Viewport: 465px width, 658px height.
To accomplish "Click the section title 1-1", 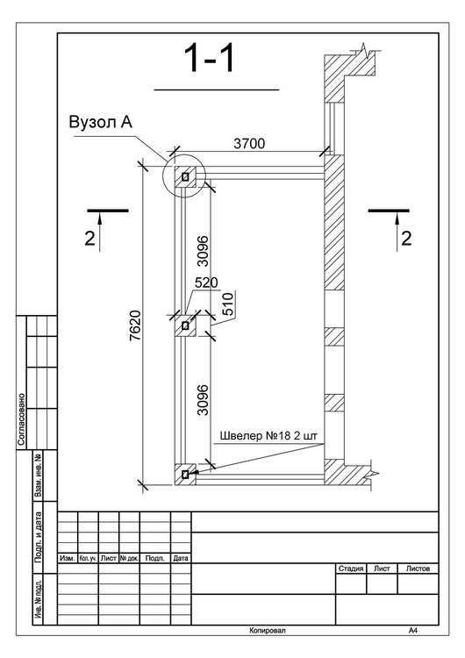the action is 210,58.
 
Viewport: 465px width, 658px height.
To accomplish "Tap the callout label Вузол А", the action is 101,122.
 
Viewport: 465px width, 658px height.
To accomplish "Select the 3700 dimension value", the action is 249,144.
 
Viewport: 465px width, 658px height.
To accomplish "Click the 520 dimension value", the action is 206,283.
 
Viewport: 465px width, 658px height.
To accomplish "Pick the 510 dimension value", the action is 227,304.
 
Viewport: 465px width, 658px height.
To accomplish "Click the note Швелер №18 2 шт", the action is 268,436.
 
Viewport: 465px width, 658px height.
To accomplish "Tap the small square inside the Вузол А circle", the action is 185,177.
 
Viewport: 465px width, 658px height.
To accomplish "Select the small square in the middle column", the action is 185,325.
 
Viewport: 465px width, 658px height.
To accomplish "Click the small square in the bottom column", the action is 185,474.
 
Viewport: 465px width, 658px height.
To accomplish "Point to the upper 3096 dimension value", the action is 203,251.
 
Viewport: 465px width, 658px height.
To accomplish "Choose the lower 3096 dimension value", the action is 203,400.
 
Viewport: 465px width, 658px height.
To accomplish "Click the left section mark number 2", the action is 89,239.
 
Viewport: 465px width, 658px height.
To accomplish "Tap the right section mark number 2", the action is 406,239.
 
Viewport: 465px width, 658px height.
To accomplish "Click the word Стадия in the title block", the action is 351,569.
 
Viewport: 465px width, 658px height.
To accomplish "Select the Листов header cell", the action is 418,569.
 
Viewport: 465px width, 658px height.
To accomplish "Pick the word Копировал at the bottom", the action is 268,630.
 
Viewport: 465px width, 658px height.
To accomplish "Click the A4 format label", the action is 413,630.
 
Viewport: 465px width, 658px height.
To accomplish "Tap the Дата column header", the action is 181,558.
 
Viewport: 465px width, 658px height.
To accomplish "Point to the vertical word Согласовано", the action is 21,419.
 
